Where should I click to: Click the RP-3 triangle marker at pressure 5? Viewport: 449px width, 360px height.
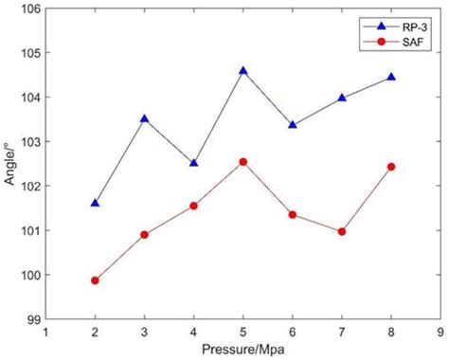243,71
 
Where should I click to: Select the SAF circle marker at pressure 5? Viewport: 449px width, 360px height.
243,162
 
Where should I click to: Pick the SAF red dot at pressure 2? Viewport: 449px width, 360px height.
95,280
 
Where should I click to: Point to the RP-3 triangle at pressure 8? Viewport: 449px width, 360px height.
391,77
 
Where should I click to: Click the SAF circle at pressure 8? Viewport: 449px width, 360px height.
391,167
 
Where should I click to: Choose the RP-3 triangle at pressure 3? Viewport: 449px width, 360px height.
144,118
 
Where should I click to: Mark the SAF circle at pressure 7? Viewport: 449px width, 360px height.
342,231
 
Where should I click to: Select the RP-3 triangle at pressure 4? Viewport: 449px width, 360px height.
194,163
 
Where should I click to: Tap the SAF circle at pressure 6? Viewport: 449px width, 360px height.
293,215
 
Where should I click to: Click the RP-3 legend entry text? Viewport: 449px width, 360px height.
409,28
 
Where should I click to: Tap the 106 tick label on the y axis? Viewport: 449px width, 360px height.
27,9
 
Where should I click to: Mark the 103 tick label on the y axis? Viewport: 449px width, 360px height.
27,142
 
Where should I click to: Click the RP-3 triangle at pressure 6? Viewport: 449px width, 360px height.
293,125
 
